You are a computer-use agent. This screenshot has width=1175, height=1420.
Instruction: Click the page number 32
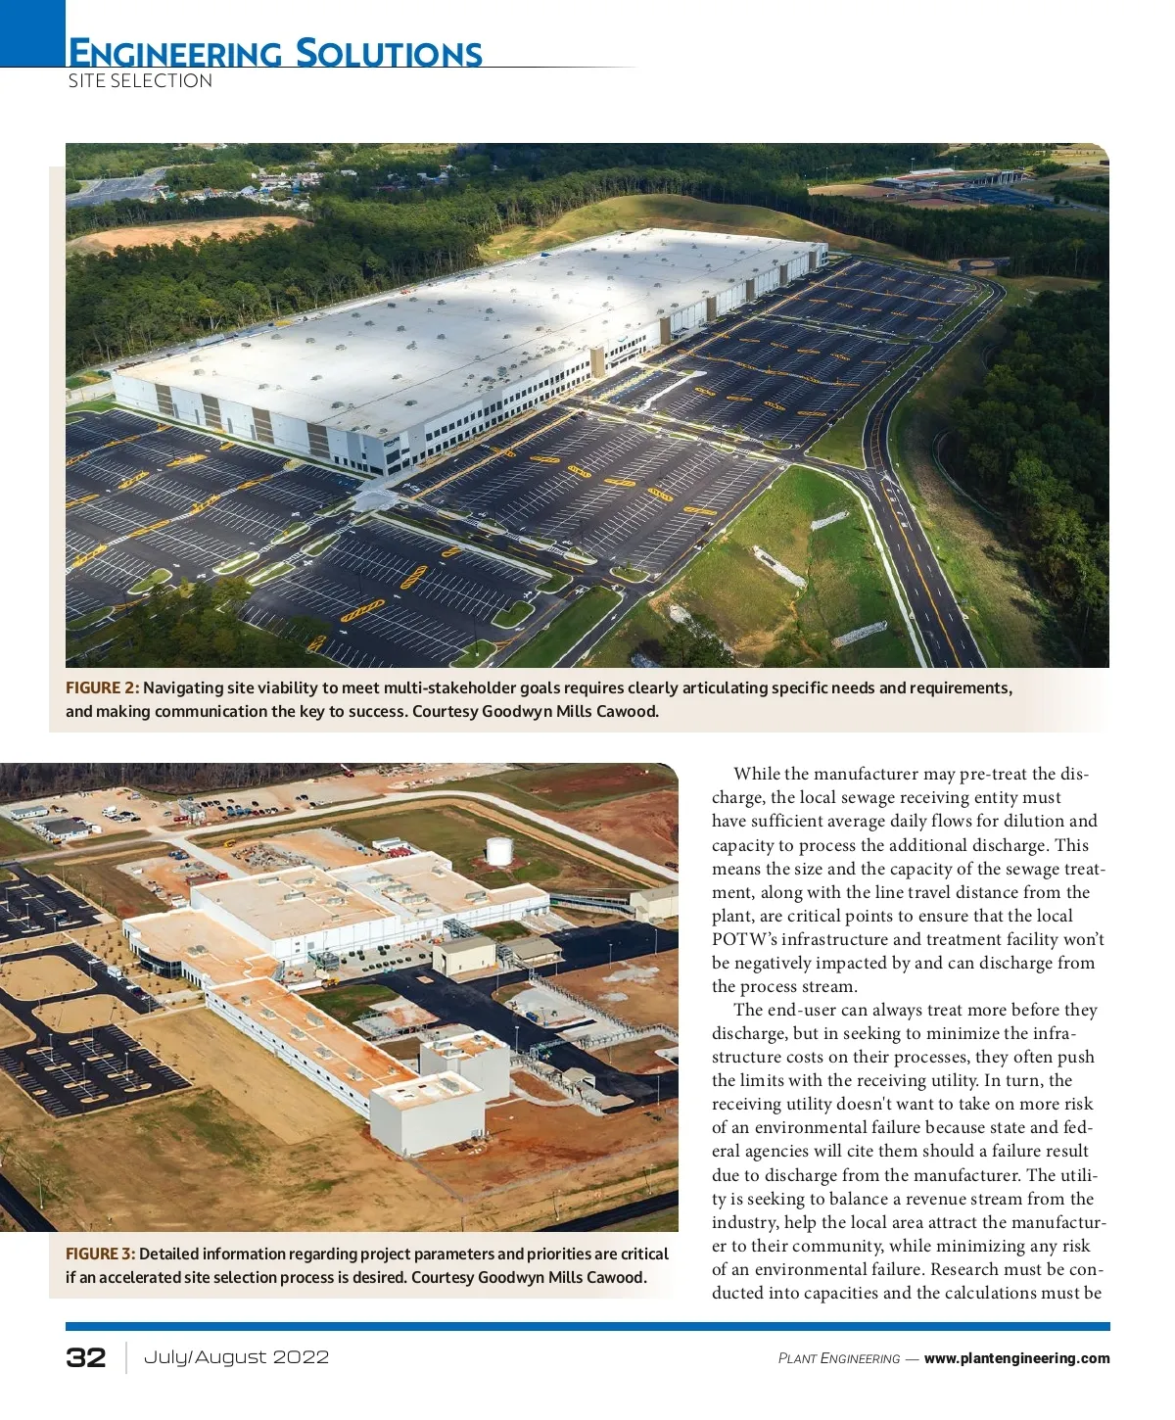tap(86, 1357)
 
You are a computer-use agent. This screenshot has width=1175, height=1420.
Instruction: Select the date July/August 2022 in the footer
tap(236, 1357)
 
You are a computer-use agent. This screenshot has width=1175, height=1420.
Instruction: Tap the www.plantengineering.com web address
tap(1016, 1358)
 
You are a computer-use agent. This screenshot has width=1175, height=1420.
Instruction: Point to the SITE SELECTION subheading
tap(140, 81)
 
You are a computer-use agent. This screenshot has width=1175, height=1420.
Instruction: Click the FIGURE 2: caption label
tap(103, 688)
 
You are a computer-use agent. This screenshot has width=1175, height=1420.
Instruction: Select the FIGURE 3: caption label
tap(101, 1254)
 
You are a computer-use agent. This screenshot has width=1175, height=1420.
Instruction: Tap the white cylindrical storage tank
tap(499, 850)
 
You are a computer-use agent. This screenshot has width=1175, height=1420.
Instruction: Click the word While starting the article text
tap(757, 775)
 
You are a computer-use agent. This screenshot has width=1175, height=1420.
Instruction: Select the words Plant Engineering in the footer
tap(839, 1359)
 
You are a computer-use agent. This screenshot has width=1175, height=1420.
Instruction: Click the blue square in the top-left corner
tap(31, 31)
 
